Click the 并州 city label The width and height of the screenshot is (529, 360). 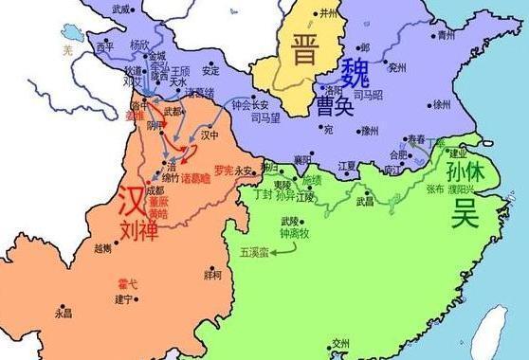pyautogui.click(x=329, y=14)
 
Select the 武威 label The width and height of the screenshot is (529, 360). pyautogui.click(x=120, y=9)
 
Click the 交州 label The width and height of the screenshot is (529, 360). pyautogui.click(x=340, y=343)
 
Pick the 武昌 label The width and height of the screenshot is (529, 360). pyautogui.click(x=364, y=200)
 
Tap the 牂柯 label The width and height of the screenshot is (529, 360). pyautogui.click(x=212, y=275)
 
